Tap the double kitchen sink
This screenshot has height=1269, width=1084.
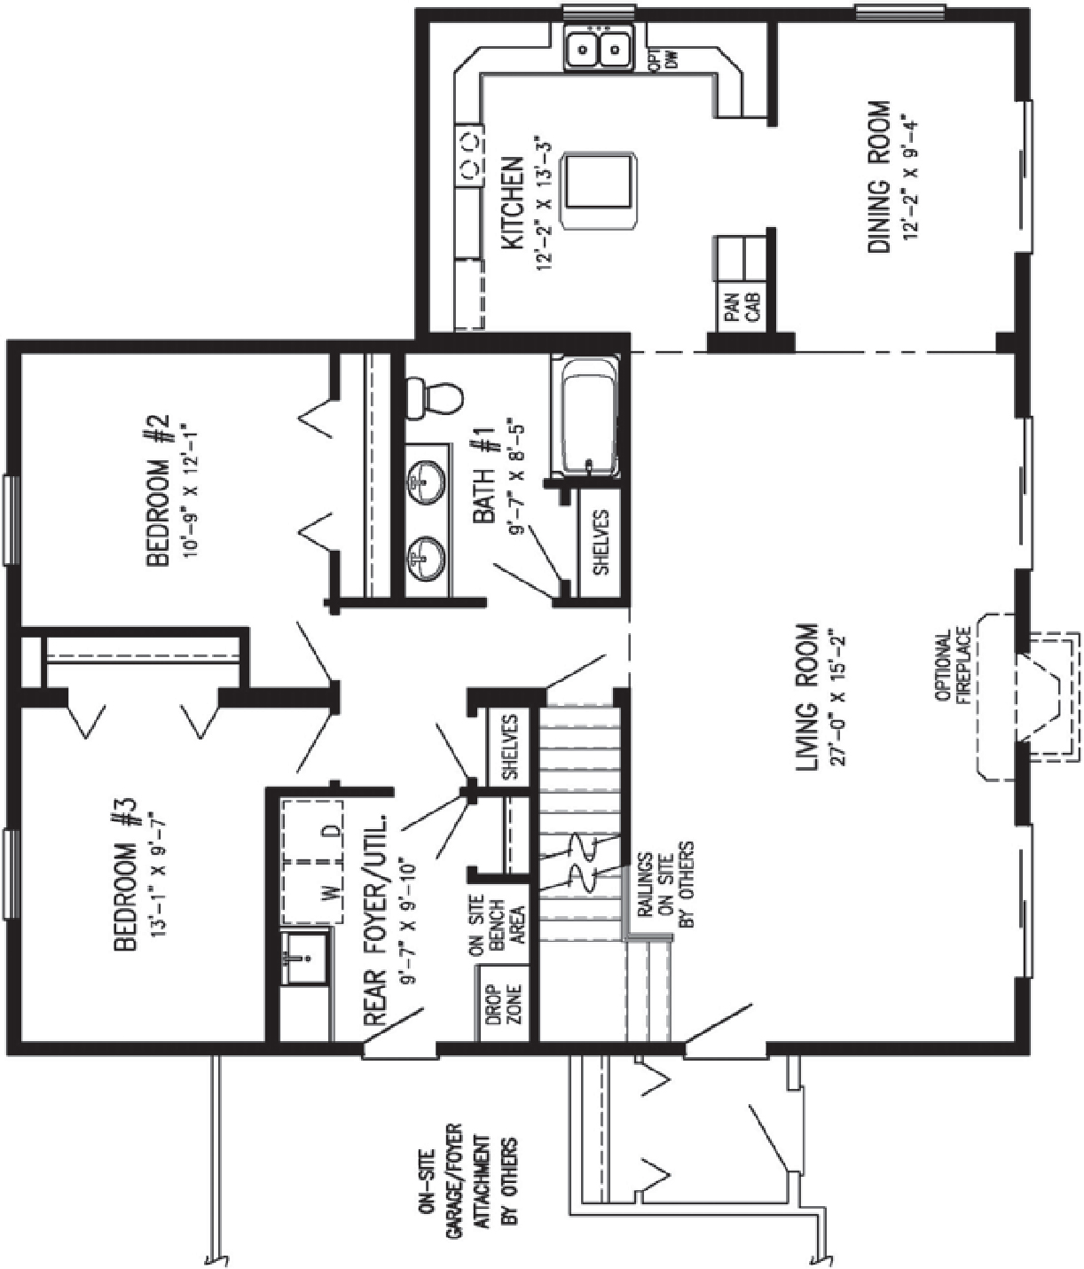[600, 48]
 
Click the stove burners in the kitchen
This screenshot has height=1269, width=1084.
[468, 153]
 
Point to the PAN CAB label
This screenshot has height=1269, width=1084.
[740, 310]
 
